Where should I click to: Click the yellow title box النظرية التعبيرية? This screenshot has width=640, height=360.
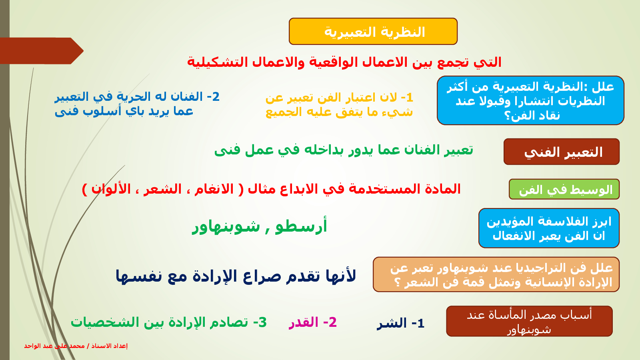click(x=373, y=32)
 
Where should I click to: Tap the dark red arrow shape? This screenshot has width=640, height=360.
click(x=42, y=51)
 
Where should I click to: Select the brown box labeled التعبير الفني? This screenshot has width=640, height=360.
click(x=562, y=152)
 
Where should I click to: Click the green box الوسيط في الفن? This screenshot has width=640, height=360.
click(x=564, y=189)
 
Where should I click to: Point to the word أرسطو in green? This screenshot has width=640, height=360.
click(x=301, y=226)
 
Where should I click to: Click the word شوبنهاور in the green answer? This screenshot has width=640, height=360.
click(x=226, y=227)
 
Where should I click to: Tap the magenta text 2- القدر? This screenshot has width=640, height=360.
click(x=312, y=322)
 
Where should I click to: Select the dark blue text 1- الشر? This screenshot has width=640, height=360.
click(x=400, y=324)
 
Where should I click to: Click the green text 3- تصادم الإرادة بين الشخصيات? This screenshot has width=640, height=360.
click(x=168, y=322)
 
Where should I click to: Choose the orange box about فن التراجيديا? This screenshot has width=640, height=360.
click(x=496, y=274)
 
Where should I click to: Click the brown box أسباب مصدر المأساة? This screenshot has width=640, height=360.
click(x=529, y=321)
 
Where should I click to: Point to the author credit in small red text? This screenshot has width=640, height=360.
click(x=76, y=346)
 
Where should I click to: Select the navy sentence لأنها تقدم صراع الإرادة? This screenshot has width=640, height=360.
click(x=236, y=276)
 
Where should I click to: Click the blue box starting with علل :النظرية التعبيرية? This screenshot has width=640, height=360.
click(x=530, y=100)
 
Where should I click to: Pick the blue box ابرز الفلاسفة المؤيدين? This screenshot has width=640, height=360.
click(x=549, y=228)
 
